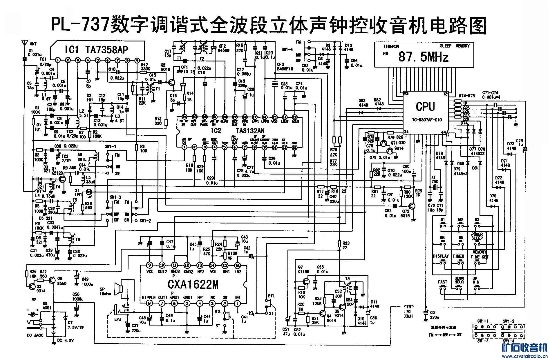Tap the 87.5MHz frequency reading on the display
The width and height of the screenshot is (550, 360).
point(423,57)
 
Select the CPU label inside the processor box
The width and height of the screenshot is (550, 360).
point(425,106)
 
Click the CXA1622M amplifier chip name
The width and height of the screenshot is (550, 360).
point(193,285)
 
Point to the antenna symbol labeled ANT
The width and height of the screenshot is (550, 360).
point(24,43)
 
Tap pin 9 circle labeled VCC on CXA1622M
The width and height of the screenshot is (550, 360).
point(149,265)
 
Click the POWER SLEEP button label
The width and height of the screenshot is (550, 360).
point(477,236)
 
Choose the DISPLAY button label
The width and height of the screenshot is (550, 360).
point(441,256)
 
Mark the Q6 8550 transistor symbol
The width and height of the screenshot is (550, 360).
point(53,280)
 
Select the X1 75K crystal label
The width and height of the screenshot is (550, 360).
point(434,179)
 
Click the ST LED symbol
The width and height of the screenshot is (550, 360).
point(89,192)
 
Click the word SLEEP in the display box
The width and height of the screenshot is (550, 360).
point(446,46)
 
